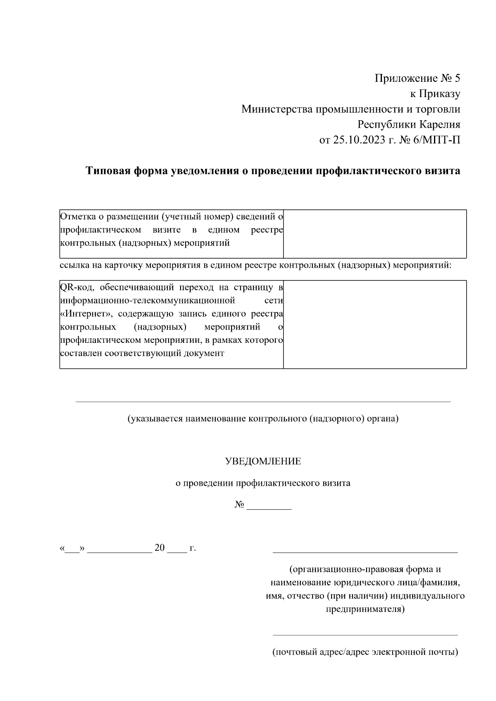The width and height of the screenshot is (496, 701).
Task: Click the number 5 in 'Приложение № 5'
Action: pos(457,78)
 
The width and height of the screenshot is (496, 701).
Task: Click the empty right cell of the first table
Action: pos(374,234)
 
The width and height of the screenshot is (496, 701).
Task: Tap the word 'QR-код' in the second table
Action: pos(77,287)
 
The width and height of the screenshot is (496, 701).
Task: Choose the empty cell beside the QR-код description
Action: pos(374,324)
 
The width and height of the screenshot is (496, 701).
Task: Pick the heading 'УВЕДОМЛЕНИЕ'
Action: pos(263,461)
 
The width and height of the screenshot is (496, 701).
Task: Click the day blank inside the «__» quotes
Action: pos(72,551)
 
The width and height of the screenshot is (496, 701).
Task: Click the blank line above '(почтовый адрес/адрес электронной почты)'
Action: pos(365,635)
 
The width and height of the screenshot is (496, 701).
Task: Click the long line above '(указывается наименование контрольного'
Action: pos(263,401)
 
